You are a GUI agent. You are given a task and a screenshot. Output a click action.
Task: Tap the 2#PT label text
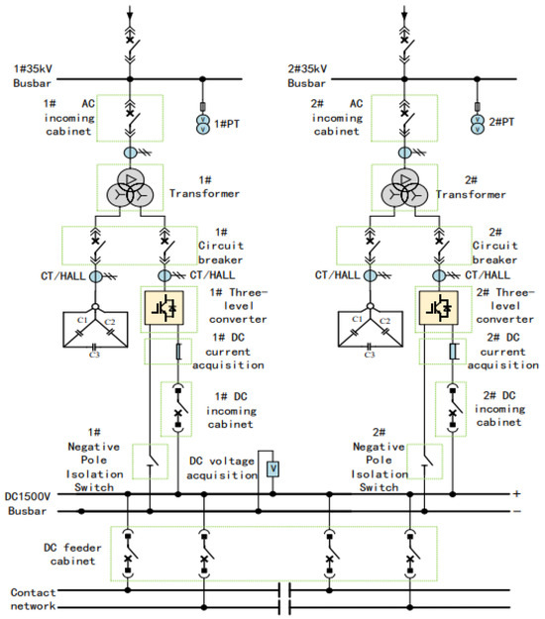(501, 122)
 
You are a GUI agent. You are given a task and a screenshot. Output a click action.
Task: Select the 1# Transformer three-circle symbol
(130, 189)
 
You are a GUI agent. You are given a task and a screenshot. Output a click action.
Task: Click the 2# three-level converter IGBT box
(438, 308)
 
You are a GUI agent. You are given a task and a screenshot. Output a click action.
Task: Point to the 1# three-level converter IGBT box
(163, 308)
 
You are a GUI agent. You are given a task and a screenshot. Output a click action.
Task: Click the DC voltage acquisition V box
(272, 469)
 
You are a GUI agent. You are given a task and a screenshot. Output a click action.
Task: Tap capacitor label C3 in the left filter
(94, 355)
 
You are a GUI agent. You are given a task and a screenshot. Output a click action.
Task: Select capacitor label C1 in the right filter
(357, 319)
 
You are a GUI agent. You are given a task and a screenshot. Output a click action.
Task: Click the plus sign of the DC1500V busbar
(516, 493)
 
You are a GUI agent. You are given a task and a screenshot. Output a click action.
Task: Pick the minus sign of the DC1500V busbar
(517, 512)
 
